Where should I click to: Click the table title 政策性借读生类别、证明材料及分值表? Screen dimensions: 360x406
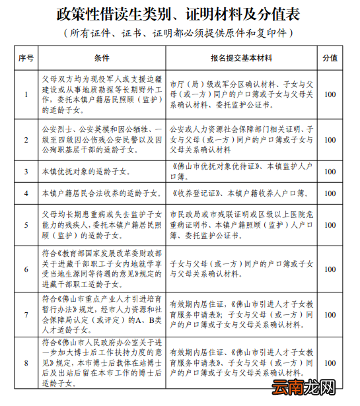point(179,14)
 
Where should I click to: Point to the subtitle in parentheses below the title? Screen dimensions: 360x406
point(179,32)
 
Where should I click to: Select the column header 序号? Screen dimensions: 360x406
point(26,58)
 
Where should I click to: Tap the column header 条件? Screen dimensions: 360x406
point(102,58)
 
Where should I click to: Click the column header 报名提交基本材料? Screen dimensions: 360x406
point(242,58)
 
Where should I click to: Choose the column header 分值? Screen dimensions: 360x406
point(329,58)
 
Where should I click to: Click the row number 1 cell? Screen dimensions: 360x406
point(26,94)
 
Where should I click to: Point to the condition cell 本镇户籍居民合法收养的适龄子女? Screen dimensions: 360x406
point(100,193)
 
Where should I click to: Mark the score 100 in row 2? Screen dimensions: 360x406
point(329,140)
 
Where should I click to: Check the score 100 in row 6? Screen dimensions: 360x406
point(329,269)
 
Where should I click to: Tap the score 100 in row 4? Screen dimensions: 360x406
point(329,193)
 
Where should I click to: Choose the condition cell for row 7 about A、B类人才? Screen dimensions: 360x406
point(102,314)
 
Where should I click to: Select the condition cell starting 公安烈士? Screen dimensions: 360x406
point(102,140)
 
